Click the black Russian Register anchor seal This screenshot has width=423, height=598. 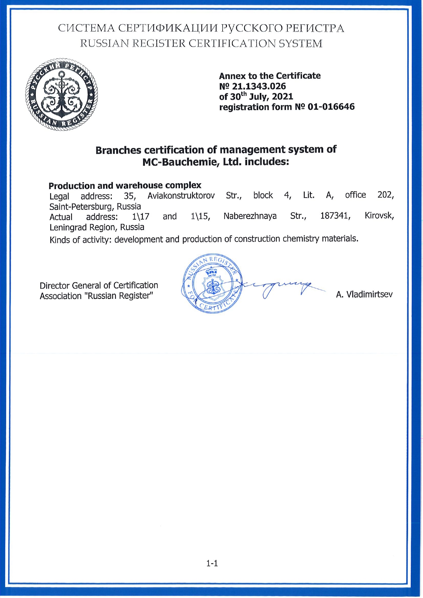(x=61, y=94)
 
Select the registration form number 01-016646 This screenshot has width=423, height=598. (x=331, y=107)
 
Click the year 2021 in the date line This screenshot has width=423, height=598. (x=283, y=97)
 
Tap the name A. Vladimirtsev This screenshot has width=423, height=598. (x=364, y=294)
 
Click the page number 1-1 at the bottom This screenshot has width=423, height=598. (x=212, y=563)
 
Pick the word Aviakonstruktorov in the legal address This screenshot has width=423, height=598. (x=181, y=196)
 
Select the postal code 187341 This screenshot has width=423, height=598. (x=335, y=216)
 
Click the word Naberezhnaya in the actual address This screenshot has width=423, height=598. (x=250, y=216)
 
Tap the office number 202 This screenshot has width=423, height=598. (x=386, y=195)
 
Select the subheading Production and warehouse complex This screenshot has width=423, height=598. (x=125, y=186)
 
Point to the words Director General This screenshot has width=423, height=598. (x=71, y=286)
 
